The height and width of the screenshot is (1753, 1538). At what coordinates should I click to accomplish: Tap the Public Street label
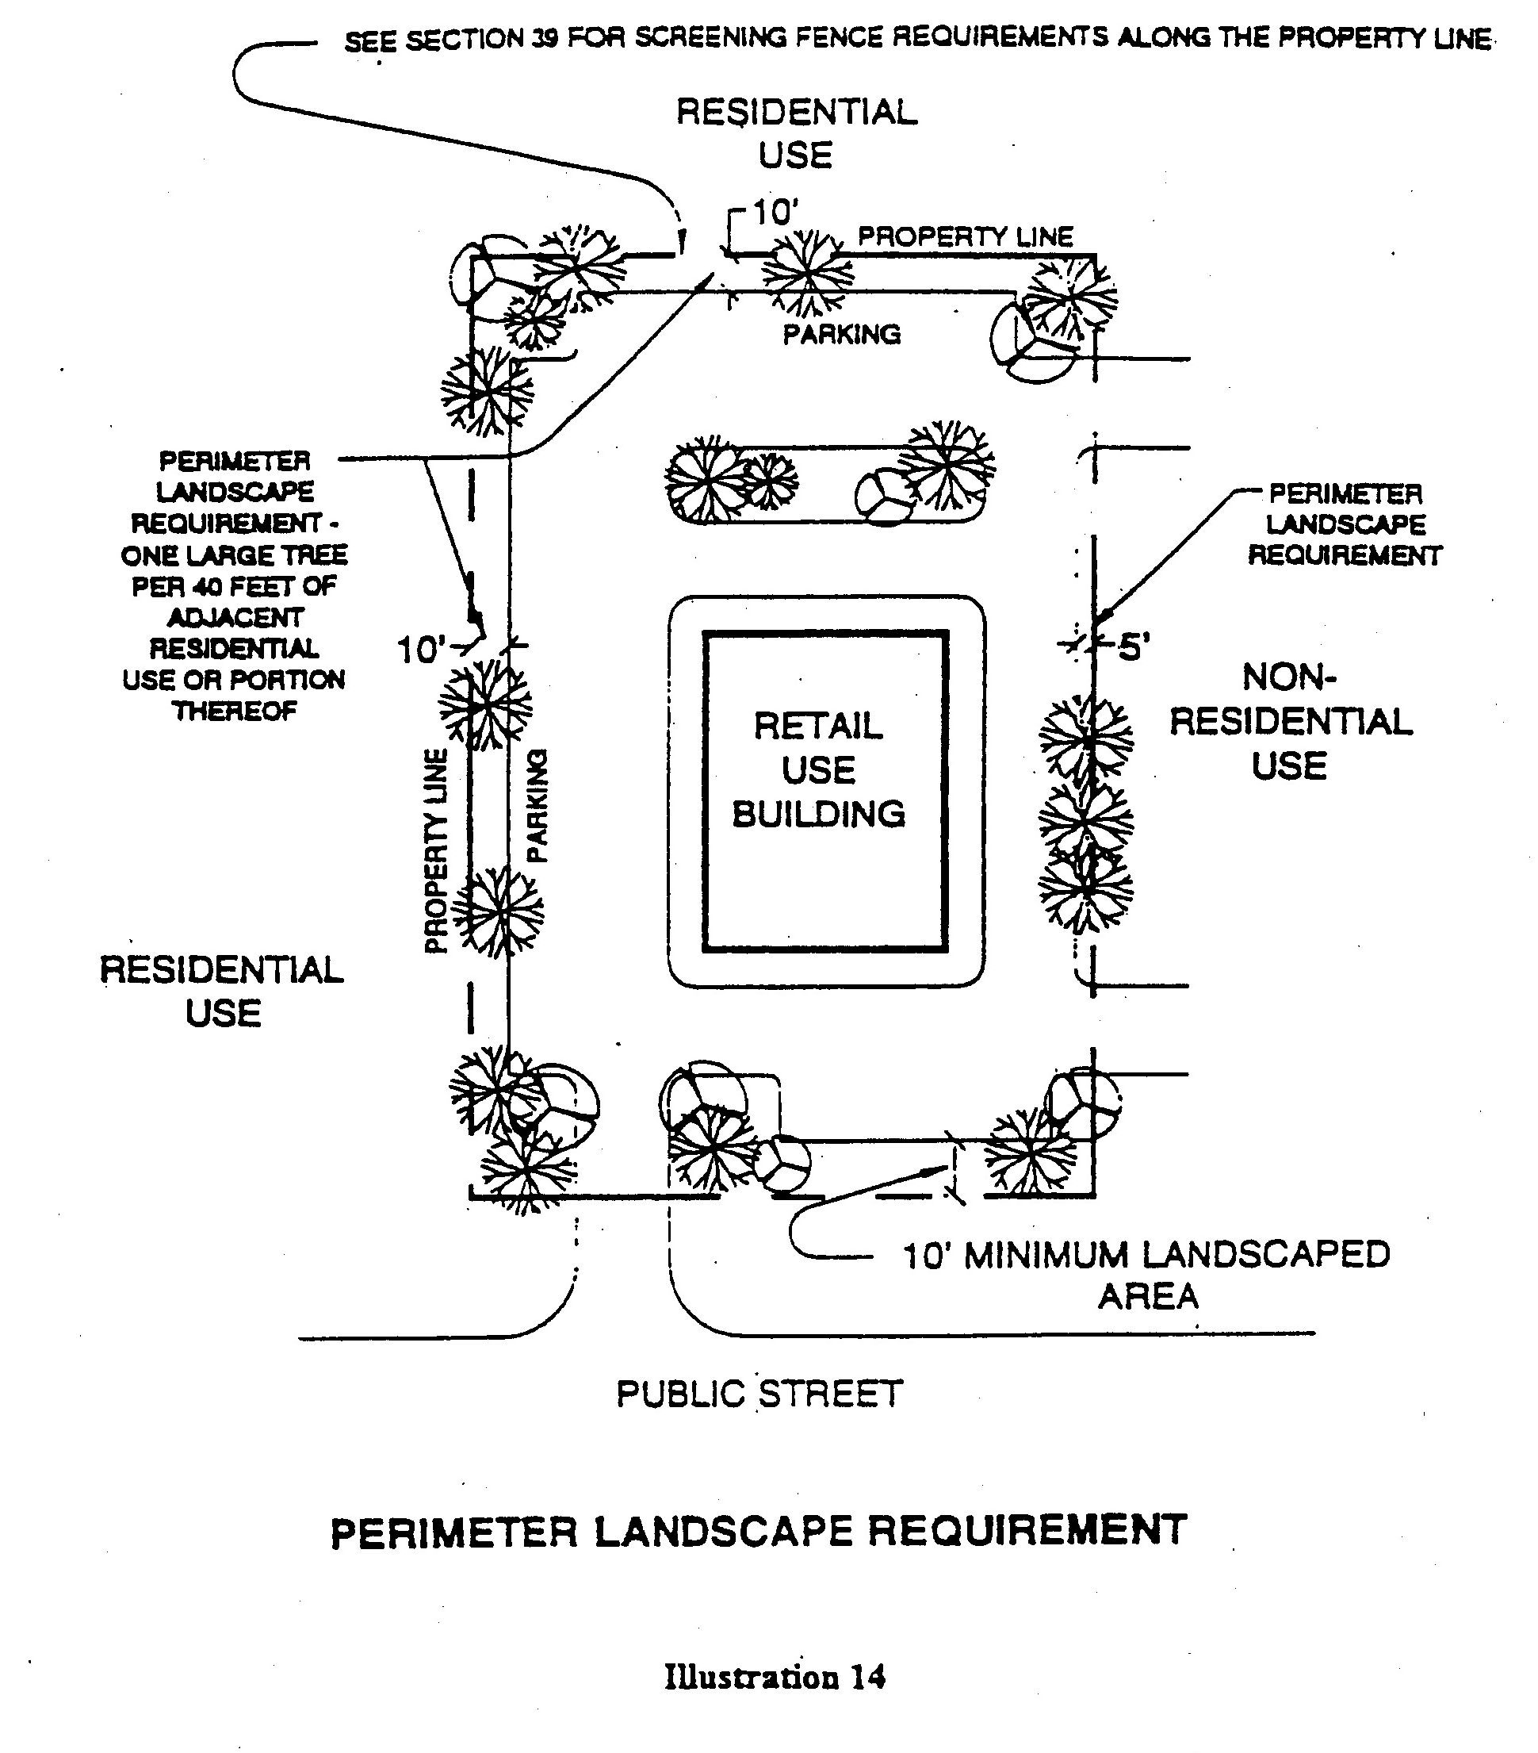(x=759, y=1394)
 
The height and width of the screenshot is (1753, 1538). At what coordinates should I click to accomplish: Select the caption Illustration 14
(x=774, y=1677)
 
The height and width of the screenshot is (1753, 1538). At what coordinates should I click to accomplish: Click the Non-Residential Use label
(x=1290, y=721)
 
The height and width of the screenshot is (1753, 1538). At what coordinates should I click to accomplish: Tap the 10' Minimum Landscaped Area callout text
(x=1146, y=1275)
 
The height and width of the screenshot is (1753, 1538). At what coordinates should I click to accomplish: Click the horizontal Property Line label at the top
(x=966, y=236)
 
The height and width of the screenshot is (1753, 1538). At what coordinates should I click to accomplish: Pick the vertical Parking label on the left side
(x=536, y=805)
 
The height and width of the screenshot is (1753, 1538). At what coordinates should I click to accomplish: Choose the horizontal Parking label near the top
(x=842, y=335)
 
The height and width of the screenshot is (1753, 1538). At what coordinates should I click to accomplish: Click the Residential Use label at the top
(x=797, y=134)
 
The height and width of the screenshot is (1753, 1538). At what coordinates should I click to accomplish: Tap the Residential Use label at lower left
(x=222, y=992)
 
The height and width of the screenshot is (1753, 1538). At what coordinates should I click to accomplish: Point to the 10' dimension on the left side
(x=421, y=651)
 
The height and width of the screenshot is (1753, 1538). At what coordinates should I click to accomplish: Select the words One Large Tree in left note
(x=234, y=556)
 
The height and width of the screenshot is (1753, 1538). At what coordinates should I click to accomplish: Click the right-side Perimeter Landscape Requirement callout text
(x=1345, y=525)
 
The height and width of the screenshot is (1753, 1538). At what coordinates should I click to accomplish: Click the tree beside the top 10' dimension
(x=807, y=273)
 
